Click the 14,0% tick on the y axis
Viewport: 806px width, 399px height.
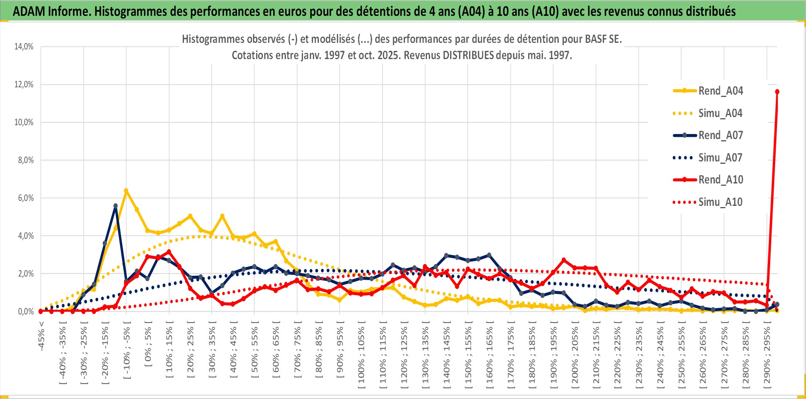pos(24,47)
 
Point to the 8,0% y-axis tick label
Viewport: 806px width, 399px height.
pos(26,160)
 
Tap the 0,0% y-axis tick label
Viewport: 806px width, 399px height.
pos(26,311)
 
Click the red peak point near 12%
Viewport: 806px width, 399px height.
pos(777,92)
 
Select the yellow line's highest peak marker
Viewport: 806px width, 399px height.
pos(126,190)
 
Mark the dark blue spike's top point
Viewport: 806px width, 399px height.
pos(116,206)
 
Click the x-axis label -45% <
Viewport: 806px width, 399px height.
pos(41,336)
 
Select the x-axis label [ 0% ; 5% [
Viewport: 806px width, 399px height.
pos(148,344)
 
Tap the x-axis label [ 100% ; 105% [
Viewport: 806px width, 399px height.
pos(361,355)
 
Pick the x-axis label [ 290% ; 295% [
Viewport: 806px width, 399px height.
pos(767,355)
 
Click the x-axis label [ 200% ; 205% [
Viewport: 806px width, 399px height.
pos(575,355)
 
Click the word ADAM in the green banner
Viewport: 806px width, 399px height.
pos(29,11)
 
